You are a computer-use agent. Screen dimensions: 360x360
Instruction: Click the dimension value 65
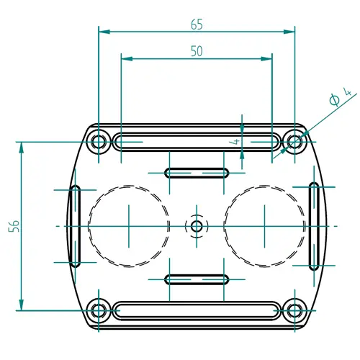pyautogui.click(x=197, y=24)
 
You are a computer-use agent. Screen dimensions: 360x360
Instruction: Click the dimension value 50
pyautogui.click(x=196, y=50)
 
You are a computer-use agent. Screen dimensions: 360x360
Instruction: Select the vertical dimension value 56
pyautogui.click(x=14, y=225)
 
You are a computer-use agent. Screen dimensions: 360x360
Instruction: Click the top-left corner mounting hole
pyautogui.click(x=99, y=140)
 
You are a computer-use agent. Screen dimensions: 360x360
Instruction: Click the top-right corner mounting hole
pyautogui.click(x=294, y=140)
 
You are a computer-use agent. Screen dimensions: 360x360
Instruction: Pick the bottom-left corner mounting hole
pyautogui.click(x=99, y=311)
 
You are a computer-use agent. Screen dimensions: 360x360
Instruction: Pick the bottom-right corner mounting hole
pyautogui.click(x=294, y=311)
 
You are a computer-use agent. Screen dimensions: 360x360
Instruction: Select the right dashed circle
pyautogui.click(x=264, y=226)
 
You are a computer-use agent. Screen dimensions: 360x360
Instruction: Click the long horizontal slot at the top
pyautogui.click(x=196, y=141)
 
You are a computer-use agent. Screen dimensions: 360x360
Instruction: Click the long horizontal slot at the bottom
pyautogui.click(x=196, y=311)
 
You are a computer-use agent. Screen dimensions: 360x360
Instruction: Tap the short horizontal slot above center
pyautogui.click(x=196, y=173)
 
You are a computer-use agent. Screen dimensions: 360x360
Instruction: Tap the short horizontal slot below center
pyautogui.click(x=196, y=279)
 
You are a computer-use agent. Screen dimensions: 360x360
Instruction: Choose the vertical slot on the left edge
pyautogui.click(x=75, y=226)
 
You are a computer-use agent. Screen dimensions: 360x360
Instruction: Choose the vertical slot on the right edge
pyautogui.click(x=315, y=226)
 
